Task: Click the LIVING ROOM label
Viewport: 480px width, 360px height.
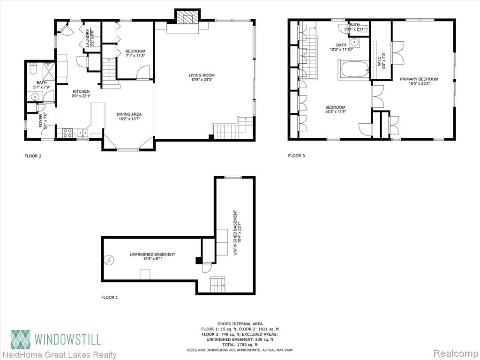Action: pyautogui.click(x=202, y=75)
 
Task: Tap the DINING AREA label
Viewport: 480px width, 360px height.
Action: pyautogui.click(x=129, y=114)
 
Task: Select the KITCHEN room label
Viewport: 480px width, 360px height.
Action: pyautogui.click(x=81, y=91)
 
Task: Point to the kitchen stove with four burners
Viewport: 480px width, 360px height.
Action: pyautogui.click(x=67, y=133)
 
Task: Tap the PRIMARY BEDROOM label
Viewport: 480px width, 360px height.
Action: pyautogui.click(x=419, y=79)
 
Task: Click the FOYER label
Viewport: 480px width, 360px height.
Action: pyautogui.click(x=41, y=120)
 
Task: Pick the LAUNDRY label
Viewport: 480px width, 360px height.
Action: pyautogui.click(x=87, y=37)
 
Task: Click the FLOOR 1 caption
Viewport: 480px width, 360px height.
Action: pyautogui.click(x=110, y=297)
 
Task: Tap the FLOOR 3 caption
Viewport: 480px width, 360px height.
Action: pyautogui.click(x=296, y=156)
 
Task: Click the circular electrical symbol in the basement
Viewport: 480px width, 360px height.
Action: pyautogui.click(x=109, y=260)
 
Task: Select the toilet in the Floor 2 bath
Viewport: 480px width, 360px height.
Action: pyautogui.click(x=34, y=68)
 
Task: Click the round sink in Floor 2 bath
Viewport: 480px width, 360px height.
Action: pyautogui.click(x=36, y=97)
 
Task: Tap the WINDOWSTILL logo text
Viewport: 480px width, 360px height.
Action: pyautogui.click(x=67, y=339)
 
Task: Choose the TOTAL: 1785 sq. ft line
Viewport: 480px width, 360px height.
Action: pyautogui.click(x=240, y=345)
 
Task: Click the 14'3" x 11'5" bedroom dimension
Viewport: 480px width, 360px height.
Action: pyautogui.click(x=335, y=112)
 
